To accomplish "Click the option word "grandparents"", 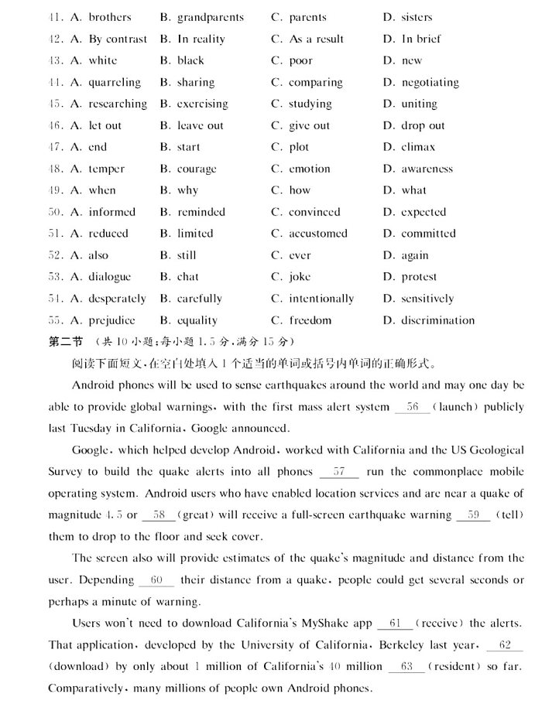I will (x=210, y=17).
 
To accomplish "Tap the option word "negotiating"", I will (x=430, y=82).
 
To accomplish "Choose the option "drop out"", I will (x=423, y=125).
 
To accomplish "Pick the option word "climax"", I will (x=418, y=147).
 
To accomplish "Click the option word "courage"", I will (x=197, y=169).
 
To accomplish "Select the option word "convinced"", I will (x=314, y=212).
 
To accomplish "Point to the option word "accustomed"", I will (x=318, y=234).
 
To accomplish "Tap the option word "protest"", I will (x=419, y=277).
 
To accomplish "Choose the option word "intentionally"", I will (x=321, y=299).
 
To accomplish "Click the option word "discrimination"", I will (x=438, y=320).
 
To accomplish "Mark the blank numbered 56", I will (x=412, y=406).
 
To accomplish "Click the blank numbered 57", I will (x=338, y=471).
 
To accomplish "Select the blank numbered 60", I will (x=156, y=579).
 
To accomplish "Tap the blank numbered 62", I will (x=506, y=644).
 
